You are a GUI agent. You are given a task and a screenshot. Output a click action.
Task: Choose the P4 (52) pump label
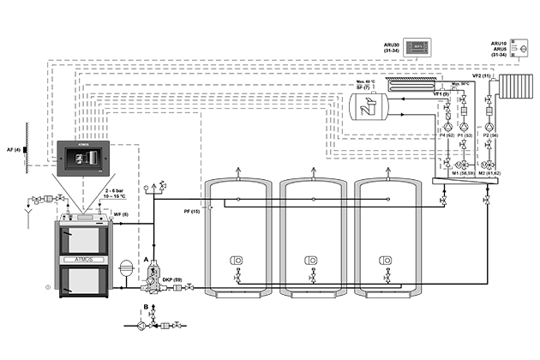(446, 135)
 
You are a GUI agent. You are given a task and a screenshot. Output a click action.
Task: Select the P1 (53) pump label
(465, 135)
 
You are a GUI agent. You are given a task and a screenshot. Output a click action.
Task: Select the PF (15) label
(191, 211)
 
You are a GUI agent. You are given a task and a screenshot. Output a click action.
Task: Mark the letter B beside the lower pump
(147, 306)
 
